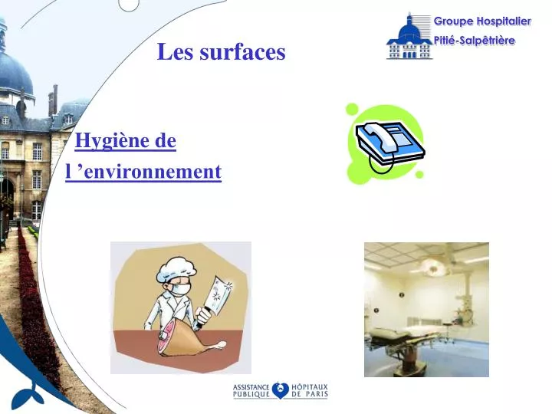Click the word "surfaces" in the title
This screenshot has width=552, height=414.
[x=242, y=51]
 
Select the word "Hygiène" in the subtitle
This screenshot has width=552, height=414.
[x=113, y=141]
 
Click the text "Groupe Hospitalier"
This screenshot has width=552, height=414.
[x=482, y=21]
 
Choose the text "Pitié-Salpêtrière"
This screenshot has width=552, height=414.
[x=475, y=41]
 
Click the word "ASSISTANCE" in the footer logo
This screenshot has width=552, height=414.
[x=251, y=387]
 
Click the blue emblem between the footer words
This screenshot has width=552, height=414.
[x=281, y=391]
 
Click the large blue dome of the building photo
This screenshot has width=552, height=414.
[x=14, y=73]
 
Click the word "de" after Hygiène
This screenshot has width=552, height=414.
[x=166, y=141]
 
